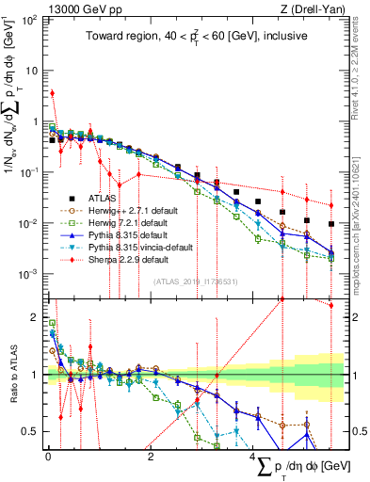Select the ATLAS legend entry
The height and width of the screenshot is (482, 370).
coord(104,199)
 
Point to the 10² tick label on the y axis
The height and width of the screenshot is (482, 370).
coord(30,20)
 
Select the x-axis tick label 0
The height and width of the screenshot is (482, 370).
coord(48,456)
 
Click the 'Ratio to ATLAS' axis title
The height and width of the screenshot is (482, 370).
coord(12,376)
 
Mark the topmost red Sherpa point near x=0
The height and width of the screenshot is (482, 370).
coord(53,93)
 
